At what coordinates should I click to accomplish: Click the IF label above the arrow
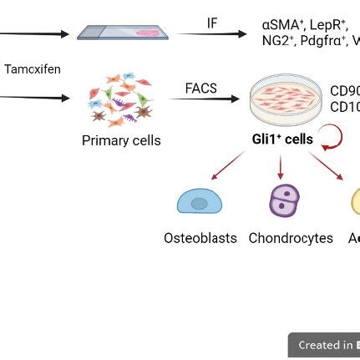point(212,23)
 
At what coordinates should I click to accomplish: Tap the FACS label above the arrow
point(200,88)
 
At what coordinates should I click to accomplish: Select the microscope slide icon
point(123,33)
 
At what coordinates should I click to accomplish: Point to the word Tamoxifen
point(33,69)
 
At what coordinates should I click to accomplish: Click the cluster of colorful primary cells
point(121,99)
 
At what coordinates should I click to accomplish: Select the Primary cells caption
point(121,140)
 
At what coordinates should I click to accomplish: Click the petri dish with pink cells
point(286,100)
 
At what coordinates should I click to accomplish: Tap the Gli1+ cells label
point(282,139)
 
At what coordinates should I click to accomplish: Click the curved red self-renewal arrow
point(331,138)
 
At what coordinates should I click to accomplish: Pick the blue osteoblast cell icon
point(200,202)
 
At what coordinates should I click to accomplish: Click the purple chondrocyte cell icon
point(284,201)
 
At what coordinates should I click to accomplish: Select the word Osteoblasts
point(200,238)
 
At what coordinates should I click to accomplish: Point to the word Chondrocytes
point(291,238)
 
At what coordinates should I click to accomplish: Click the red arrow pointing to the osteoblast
point(226,165)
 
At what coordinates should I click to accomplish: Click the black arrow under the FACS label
point(205,99)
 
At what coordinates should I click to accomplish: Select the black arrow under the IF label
point(215,34)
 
